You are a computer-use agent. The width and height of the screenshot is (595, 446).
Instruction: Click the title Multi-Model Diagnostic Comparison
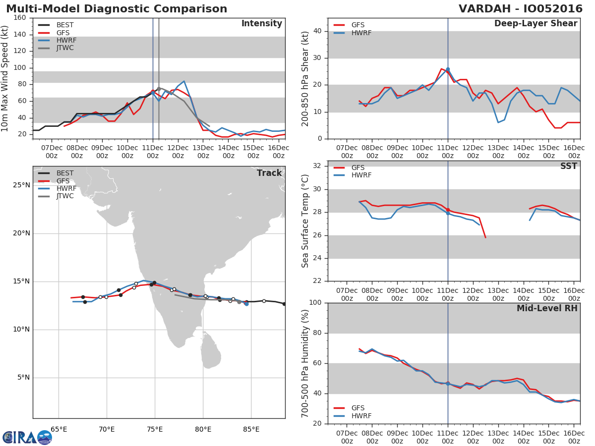(x=117, y=9)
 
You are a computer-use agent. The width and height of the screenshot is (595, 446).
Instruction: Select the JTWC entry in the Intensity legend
(x=65, y=48)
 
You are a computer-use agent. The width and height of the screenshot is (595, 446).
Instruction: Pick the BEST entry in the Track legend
(x=65, y=173)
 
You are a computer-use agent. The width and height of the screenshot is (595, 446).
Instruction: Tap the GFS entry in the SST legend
(x=358, y=167)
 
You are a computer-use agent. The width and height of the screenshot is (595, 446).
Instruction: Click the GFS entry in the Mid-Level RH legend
(x=358, y=408)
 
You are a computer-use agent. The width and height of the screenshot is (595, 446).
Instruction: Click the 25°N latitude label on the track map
(x=21, y=185)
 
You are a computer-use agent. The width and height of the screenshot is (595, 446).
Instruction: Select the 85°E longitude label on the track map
(x=251, y=429)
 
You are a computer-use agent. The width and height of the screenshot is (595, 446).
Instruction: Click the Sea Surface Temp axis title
(x=305, y=221)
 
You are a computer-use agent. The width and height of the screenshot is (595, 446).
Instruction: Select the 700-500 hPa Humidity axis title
(x=305, y=363)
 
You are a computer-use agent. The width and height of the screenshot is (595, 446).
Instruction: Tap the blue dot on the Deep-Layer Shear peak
(x=448, y=69)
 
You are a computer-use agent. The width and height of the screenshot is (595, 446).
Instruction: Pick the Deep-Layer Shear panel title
(x=535, y=24)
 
